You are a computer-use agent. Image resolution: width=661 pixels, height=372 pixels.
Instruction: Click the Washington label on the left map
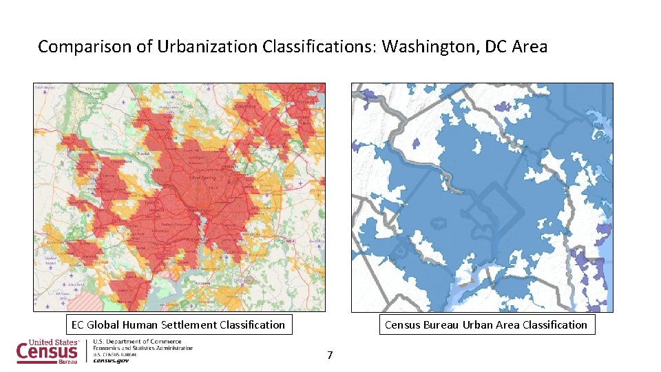coord(200,210)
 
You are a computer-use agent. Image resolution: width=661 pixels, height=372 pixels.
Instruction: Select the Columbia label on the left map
coord(244,107)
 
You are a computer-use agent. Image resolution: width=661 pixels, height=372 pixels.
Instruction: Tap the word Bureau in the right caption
coord(441,324)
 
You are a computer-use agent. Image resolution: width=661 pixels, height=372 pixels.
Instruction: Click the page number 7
coord(330,355)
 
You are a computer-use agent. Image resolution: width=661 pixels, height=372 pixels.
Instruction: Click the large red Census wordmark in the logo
coord(47,352)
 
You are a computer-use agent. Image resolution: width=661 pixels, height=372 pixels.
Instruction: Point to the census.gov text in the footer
coord(111,360)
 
